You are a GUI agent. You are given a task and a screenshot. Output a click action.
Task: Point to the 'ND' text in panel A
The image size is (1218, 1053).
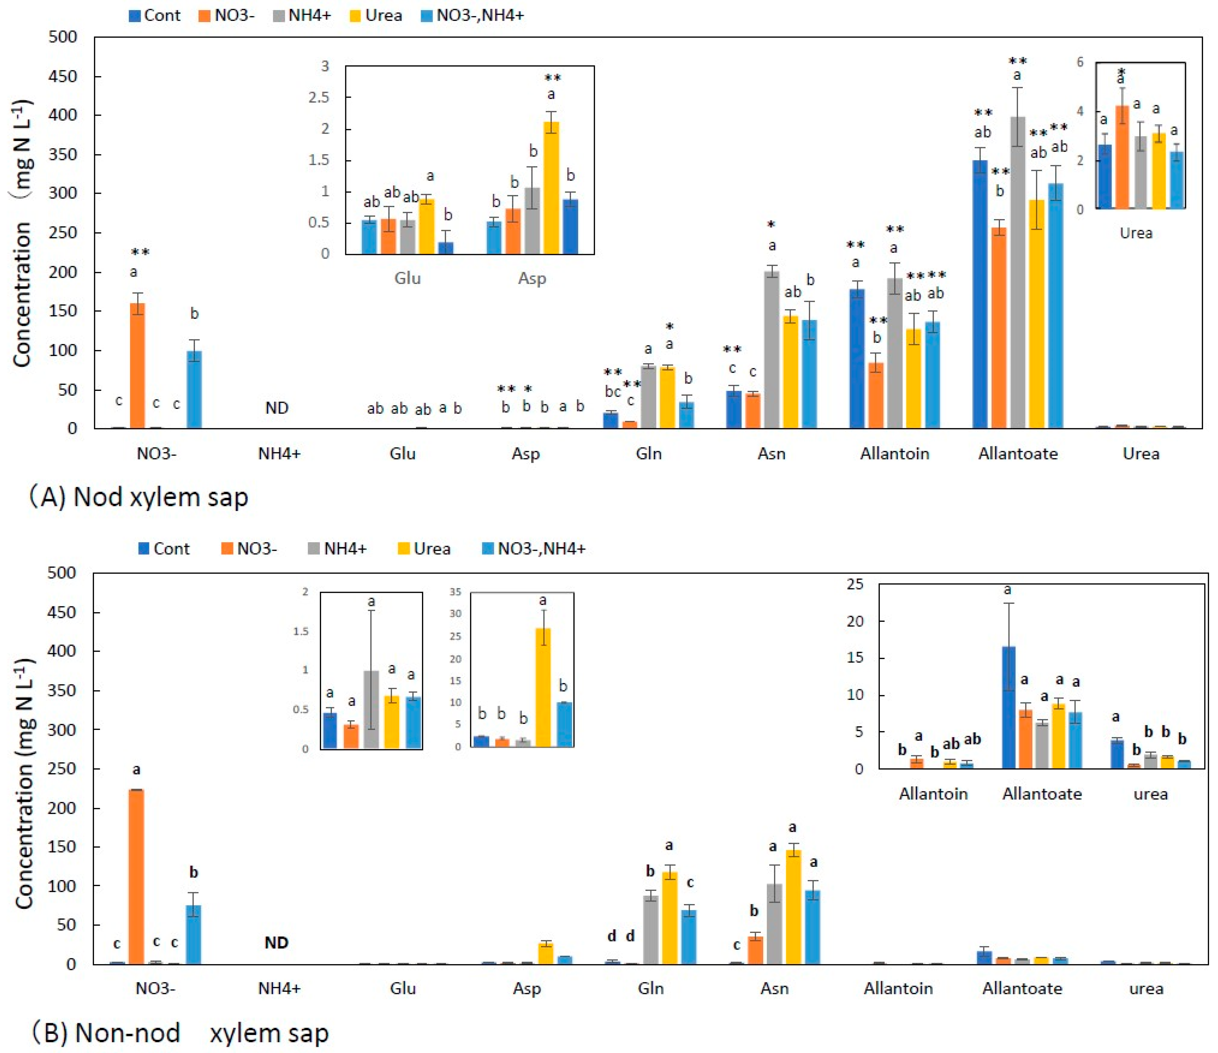coord(277,408)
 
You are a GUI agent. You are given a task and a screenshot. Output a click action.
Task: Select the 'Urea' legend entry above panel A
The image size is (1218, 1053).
coord(376,15)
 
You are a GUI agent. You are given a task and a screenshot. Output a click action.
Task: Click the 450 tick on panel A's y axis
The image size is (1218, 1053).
coord(62,76)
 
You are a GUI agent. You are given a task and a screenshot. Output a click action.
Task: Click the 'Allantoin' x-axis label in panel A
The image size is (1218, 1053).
coord(894,454)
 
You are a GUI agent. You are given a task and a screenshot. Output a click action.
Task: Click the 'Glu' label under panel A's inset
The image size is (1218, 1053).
coord(407,278)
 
